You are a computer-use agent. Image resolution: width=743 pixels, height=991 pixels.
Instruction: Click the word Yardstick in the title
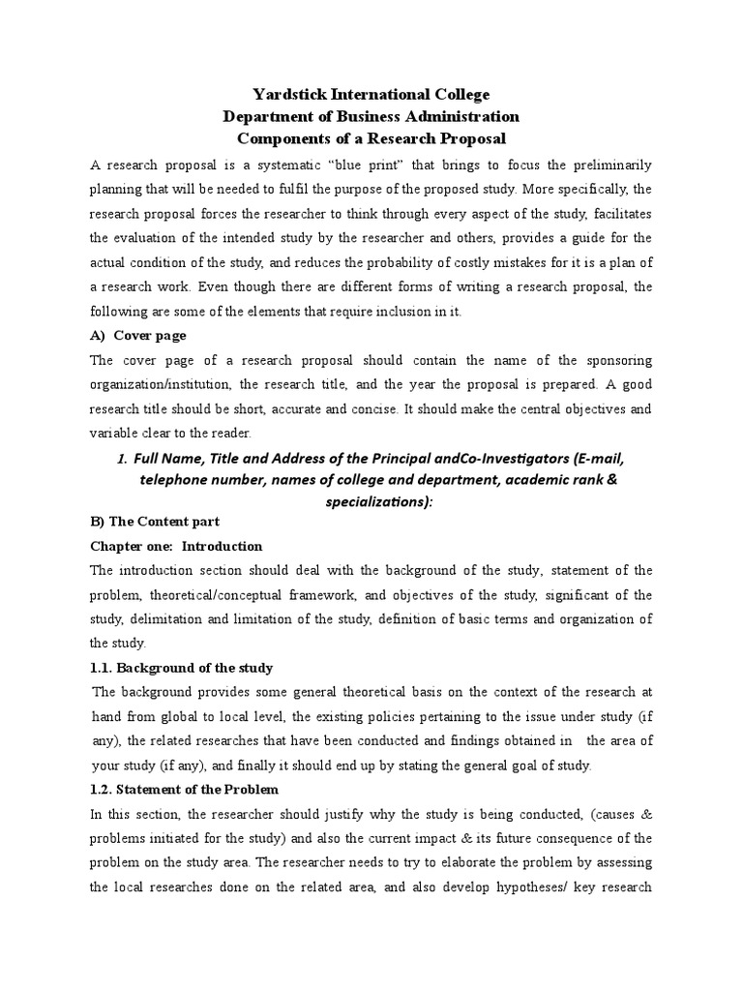[x=287, y=94]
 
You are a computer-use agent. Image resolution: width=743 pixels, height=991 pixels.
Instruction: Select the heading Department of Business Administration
[x=371, y=116]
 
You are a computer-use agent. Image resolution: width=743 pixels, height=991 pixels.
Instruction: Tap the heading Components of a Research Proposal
[x=371, y=138]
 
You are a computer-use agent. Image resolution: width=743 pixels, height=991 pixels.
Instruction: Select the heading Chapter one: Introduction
[x=176, y=546]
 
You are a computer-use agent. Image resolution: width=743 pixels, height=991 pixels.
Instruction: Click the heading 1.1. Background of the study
[x=181, y=668]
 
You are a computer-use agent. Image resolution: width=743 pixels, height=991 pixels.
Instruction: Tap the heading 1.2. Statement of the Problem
[x=184, y=790]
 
